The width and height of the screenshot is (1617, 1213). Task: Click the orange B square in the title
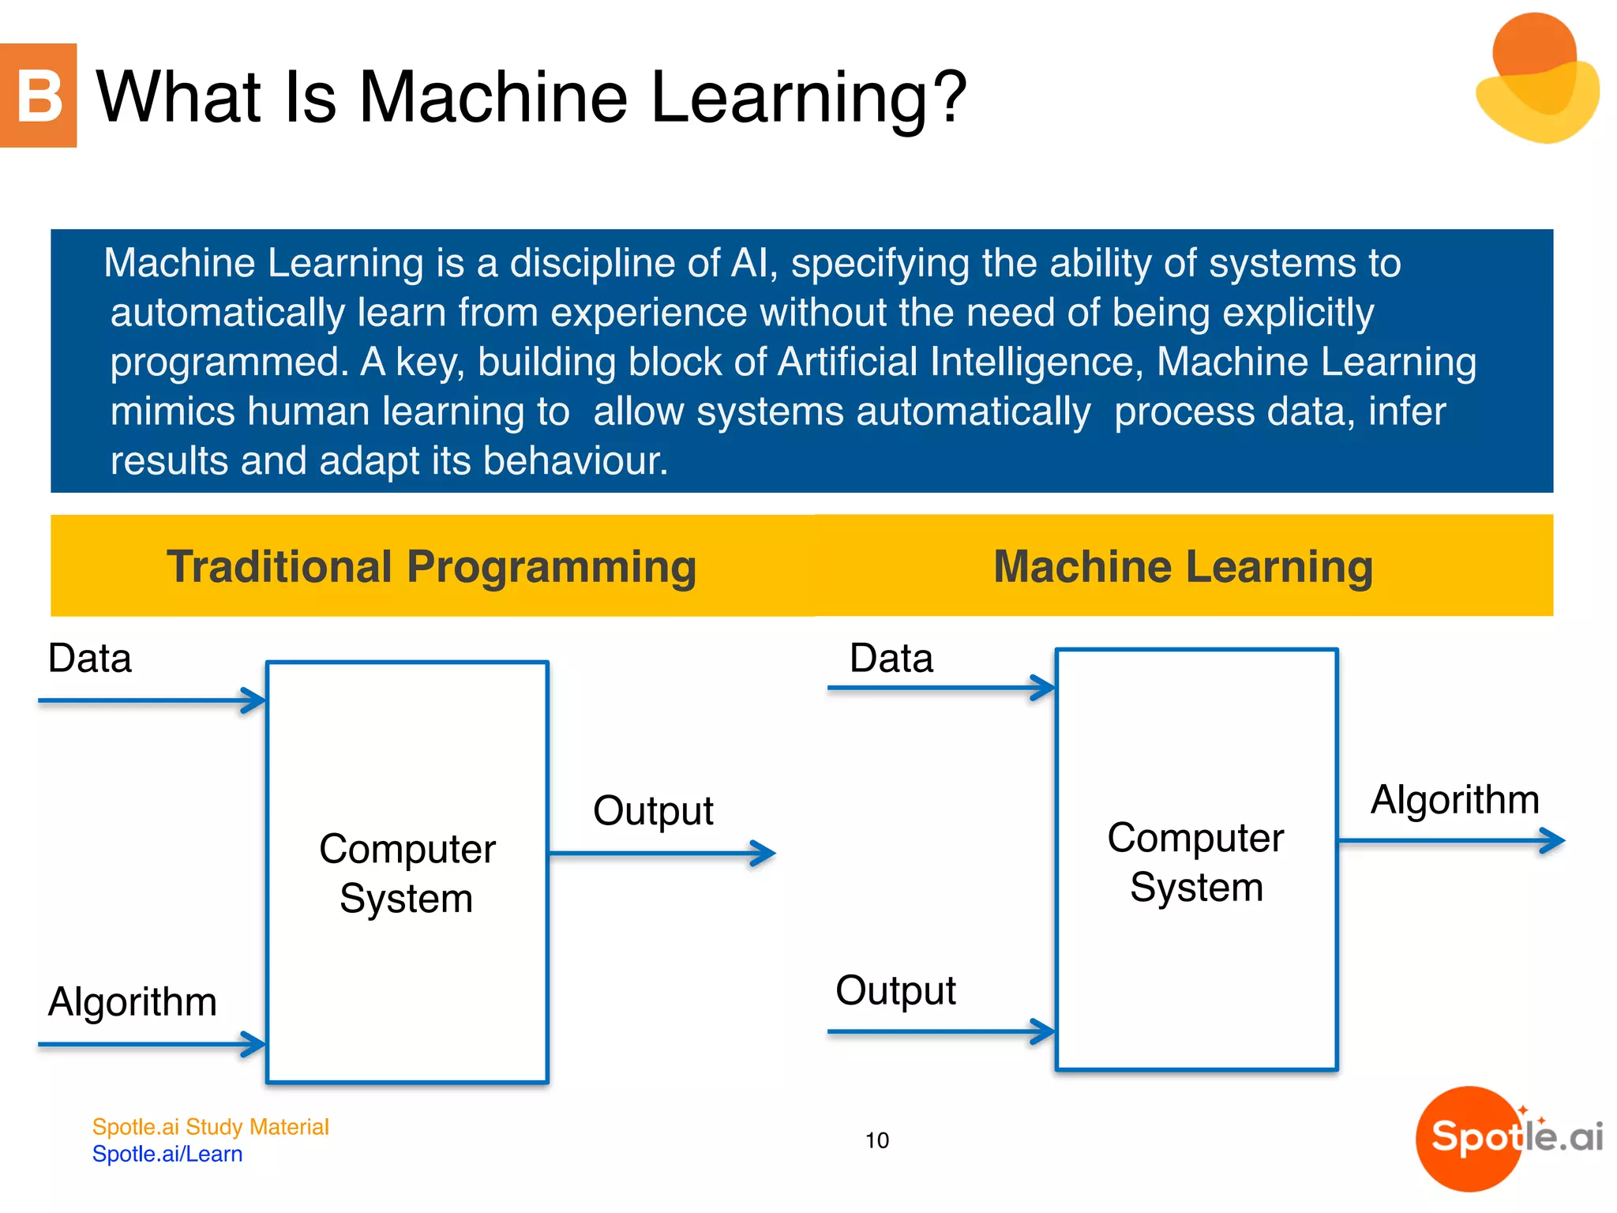[x=38, y=96]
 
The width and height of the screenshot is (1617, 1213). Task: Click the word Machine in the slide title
[x=493, y=97]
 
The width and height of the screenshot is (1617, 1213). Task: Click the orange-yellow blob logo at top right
[x=1536, y=79]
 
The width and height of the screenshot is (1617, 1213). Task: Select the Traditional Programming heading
[x=431, y=566]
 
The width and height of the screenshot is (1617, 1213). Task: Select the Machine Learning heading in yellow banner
[x=1183, y=566]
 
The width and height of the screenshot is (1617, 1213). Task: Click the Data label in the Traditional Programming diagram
[x=89, y=658]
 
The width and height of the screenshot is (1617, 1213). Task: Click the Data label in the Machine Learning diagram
[x=891, y=658]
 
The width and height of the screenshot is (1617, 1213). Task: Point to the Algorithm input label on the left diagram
[x=132, y=1001]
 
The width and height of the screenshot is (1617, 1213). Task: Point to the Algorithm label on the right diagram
[x=1454, y=799]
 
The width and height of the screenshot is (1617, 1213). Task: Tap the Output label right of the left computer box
[x=653, y=811]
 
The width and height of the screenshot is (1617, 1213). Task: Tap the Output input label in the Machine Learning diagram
[x=895, y=990]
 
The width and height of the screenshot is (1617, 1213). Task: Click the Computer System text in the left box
[x=407, y=873]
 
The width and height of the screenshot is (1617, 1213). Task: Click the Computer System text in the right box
[x=1195, y=862]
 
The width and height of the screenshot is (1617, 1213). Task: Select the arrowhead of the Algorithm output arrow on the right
[x=1554, y=840]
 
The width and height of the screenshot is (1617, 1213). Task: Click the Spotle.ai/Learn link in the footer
[x=167, y=1154]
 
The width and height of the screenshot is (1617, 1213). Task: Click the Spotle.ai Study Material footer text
[x=210, y=1127]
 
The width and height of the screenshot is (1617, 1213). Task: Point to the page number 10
[x=876, y=1140]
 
